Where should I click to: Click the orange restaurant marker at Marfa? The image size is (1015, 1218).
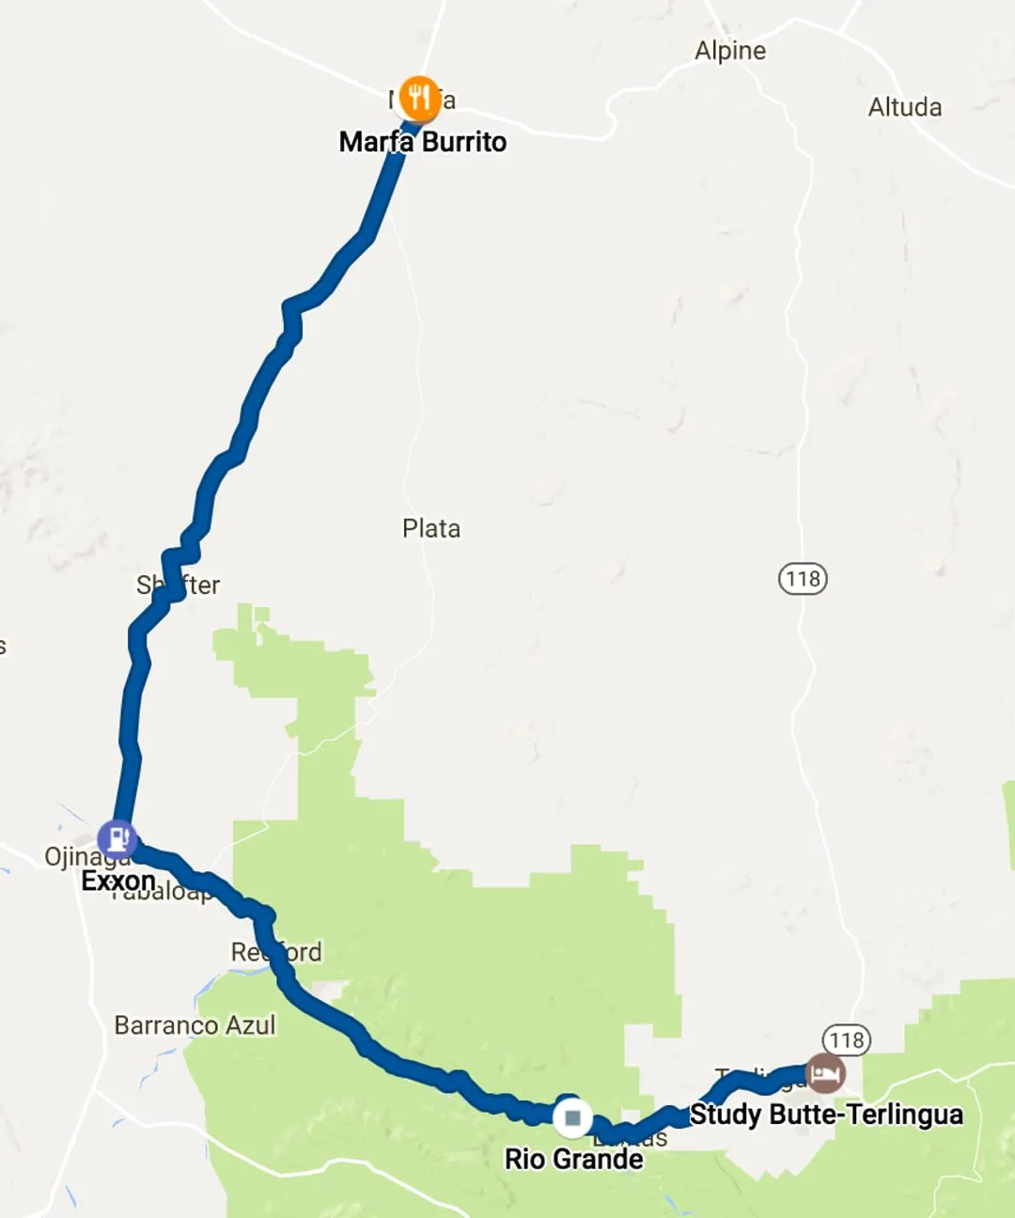coord(419,97)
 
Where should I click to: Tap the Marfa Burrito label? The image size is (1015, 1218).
coord(423,142)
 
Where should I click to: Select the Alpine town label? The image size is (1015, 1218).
coord(730,51)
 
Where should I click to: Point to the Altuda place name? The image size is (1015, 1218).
coord(905,107)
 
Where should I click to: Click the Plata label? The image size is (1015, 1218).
coord(431,528)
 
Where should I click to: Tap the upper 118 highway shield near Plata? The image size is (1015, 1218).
coord(803,578)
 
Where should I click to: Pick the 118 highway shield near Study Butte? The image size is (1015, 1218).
coord(847,1039)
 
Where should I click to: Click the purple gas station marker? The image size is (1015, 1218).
coord(117,837)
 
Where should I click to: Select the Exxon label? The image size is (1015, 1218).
coord(118,881)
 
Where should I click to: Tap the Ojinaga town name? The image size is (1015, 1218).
coord(85,857)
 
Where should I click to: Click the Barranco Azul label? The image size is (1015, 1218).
coord(195,1024)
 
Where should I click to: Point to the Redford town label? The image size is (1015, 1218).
coord(277,952)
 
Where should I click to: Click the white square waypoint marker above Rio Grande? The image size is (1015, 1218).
coord(571,1118)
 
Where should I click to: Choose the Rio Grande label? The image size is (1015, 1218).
coord(573,1159)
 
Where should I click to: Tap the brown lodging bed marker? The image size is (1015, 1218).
coord(825,1073)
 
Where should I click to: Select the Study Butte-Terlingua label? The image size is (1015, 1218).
coord(826,1115)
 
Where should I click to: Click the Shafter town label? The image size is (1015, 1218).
coord(179,586)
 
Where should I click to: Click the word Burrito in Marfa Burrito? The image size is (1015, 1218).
coord(464,142)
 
